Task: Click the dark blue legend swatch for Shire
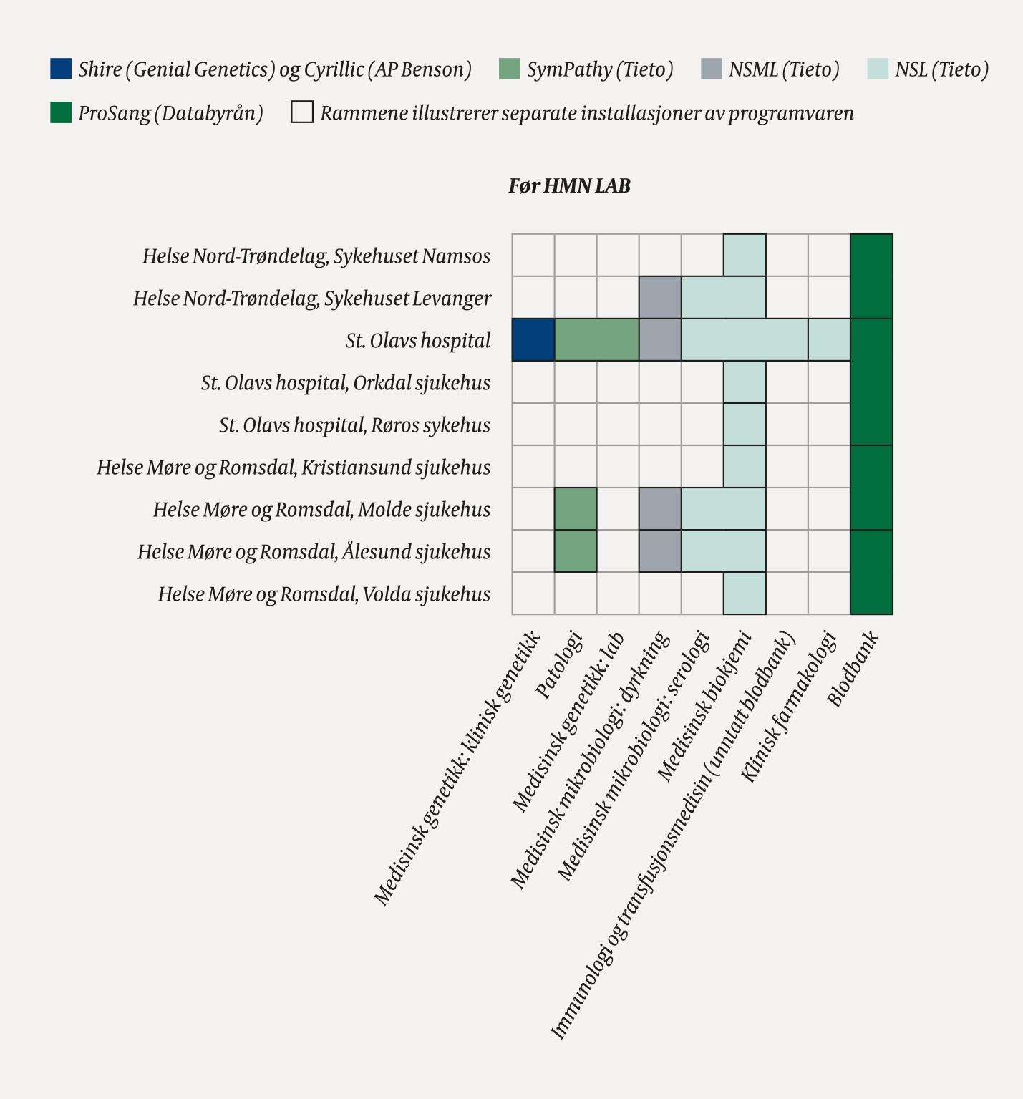(61, 69)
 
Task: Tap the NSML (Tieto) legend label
(784, 70)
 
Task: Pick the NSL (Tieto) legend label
(941, 70)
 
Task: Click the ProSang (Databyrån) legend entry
(170, 113)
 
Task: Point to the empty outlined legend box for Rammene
(302, 112)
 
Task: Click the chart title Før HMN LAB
(569, 186)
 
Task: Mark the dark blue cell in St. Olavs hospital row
(533, 340)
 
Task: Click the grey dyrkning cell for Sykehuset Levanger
(660, 298)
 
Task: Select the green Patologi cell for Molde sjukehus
(576, 509)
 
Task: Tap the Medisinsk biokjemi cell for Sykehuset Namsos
(745, 256)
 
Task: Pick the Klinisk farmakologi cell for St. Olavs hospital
(829, 340)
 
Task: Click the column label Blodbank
(853, 670)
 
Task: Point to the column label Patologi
(559, 666)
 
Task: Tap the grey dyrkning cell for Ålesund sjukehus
(660, 551)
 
